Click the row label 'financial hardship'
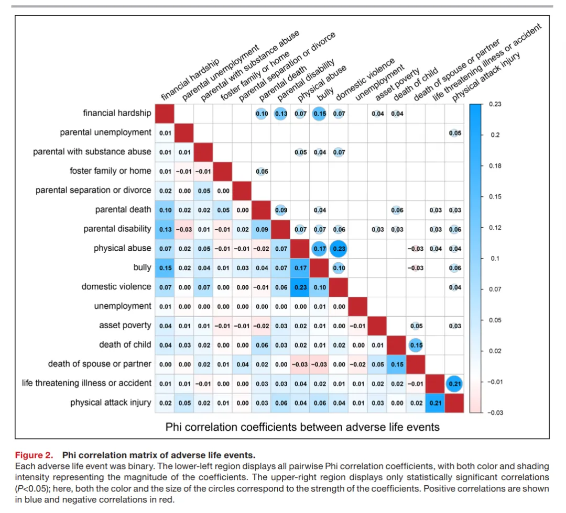click(117, 113)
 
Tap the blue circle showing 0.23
click(339, 249)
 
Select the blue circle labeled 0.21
click(455, 384)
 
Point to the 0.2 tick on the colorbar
click(495, 135)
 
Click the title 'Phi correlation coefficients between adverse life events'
click(302, 427)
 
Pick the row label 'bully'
click(142, 267)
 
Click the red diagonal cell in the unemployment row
click(358, 306)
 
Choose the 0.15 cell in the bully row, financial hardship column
click(165, 268)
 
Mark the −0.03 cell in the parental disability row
click(184, 229)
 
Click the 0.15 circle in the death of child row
click(416, 345)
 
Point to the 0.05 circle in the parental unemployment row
click(455, 133)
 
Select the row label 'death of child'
click(125, 344)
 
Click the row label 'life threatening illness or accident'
click(86, 383)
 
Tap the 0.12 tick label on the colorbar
click(496, 228)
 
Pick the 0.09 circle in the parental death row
click(281, 210)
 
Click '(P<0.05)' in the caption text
click(34, 488)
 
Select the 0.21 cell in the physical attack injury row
click(436, 403)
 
